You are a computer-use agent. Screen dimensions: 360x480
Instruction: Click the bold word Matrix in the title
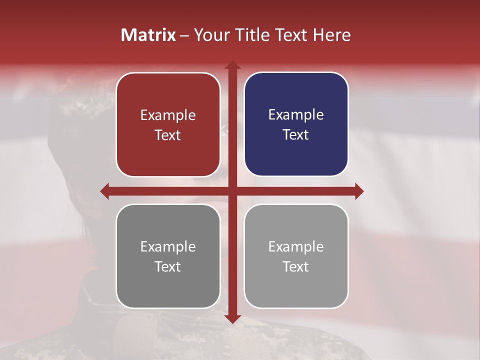coord(148,35)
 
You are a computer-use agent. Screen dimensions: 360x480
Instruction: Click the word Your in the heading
coord(209,35)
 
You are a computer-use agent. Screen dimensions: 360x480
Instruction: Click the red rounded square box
coord(168,124)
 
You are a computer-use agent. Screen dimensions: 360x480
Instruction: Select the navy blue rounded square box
coord(296,124)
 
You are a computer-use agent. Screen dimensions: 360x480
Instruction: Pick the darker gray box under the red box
coord(168,256)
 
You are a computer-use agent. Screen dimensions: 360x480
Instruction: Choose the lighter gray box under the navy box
coord(296,256)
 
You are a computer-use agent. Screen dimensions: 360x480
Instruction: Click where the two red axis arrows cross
coord(232,191)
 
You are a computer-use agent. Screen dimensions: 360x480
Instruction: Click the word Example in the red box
coord(168,115)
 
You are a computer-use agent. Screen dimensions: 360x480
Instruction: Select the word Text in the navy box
coord(296,135)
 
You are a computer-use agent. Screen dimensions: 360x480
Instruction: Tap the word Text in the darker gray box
coord(168,266)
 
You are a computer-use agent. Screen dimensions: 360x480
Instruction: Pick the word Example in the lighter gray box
coord(296,246)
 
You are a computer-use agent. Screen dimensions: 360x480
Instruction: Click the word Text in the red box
coord(168,135)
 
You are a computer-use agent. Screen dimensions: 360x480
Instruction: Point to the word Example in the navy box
coord(296,115)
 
